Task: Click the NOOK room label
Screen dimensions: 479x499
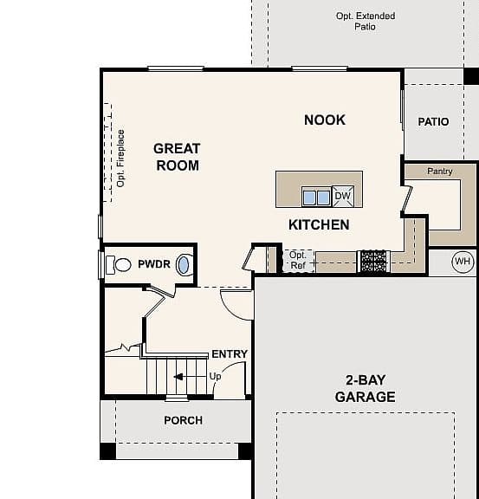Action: (325, 120)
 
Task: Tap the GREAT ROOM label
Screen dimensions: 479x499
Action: (177, 157)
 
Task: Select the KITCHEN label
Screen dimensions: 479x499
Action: (319, 224)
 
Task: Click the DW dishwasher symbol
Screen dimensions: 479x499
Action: (343, 196)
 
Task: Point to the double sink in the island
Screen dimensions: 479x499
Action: (316, 197)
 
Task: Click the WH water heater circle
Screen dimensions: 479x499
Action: (463, 262)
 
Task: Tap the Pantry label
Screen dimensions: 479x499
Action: (440, 172)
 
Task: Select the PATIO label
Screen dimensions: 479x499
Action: (433, 121)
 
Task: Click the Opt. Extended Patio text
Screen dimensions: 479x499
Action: (366, 21)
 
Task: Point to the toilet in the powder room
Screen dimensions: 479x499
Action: (119, 264)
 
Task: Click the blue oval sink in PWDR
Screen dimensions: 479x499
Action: (183, 265)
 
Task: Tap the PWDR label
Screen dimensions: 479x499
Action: (154, 264)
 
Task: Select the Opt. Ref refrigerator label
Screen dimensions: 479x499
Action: (298, 260)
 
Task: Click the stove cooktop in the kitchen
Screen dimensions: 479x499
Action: (373, 262)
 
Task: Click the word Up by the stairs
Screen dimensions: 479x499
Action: (215, 377)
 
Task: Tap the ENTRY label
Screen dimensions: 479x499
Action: (230, 353)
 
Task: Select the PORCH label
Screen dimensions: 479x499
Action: (184, 420)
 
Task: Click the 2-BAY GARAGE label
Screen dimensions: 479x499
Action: (366, 389)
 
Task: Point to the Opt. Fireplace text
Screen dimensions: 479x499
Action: (121, 159)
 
